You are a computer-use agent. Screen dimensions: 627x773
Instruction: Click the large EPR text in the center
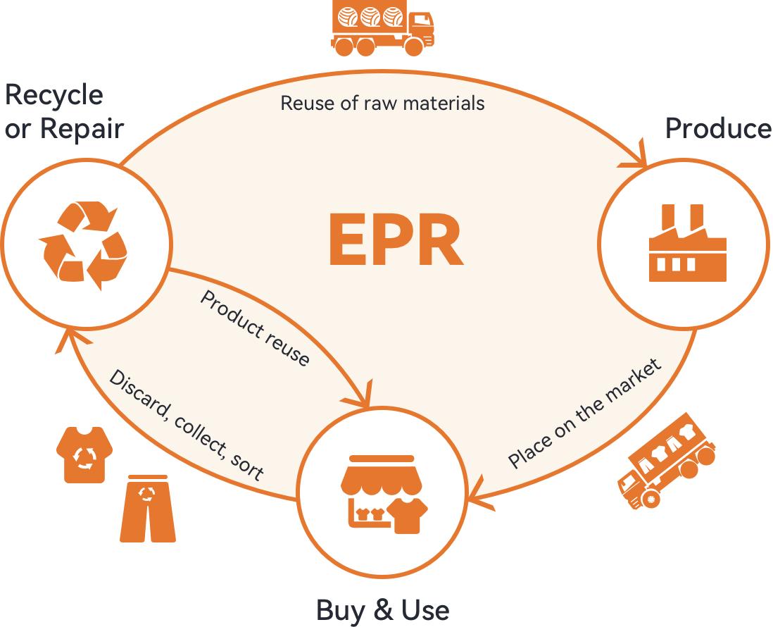tap(395, 240)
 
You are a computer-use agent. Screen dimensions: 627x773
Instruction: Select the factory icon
tap(686, 244)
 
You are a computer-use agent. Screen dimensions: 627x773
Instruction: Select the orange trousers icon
tap(147, 509)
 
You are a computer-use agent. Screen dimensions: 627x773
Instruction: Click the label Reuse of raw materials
tap(382, 104)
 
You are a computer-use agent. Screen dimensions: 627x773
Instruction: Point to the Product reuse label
tap(255, 328)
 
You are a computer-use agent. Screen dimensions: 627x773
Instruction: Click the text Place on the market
tap(584, 414)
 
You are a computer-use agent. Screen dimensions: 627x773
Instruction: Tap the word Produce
tap(717, 128)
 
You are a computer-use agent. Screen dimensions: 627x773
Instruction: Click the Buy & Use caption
tap(382, 609)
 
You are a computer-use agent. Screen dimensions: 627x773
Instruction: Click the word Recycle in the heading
tap(54, 94)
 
